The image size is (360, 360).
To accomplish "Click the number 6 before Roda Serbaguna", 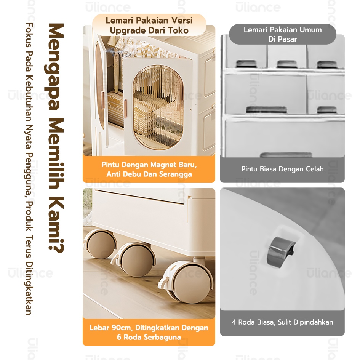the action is tap(119, 337).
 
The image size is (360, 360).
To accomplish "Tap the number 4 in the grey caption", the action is tap(234, 322).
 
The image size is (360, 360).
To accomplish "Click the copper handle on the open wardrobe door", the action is tap(125, 109).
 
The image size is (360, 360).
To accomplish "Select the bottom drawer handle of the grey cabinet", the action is tap(286, 155).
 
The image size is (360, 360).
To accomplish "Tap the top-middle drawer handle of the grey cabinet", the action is tap(287, 64).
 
